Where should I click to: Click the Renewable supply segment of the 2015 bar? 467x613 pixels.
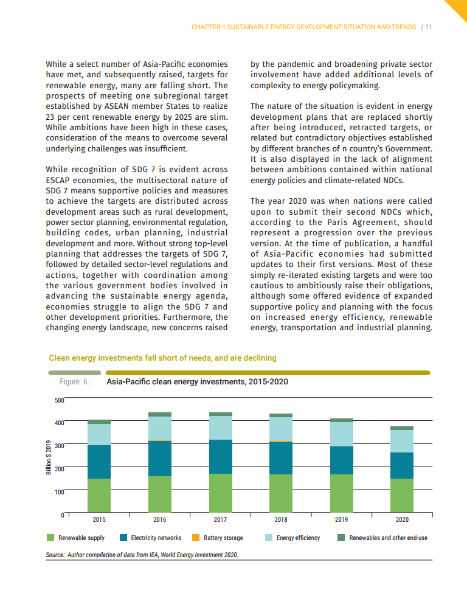(x=99, y=495)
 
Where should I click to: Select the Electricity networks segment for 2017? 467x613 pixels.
(x=220, y=456)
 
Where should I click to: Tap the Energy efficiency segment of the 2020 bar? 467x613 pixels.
(x=402, y=441)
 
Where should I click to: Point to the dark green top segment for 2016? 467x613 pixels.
(x=160, y=414)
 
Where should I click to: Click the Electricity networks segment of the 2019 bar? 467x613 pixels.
(x=341, y=460)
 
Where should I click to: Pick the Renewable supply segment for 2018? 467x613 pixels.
(x=281, y=493)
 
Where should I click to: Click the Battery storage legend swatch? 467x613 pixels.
(x=196, y=538)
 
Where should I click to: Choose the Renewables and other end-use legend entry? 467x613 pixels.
(x=388, y=538)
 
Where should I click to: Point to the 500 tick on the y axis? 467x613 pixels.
(x=59, y=400)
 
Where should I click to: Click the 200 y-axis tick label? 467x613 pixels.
(x=59, y=469)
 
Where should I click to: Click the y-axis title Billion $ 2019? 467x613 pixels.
(x=49, y=457)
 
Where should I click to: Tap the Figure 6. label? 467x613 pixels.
(x=74, y=382)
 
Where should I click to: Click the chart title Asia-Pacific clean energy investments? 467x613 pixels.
(x=197, y=382)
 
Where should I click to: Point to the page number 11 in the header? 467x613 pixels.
(x=428, y=27)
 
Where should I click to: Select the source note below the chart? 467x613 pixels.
(x=142, y=555)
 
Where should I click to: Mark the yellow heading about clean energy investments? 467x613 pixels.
(x=162, y=358)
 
